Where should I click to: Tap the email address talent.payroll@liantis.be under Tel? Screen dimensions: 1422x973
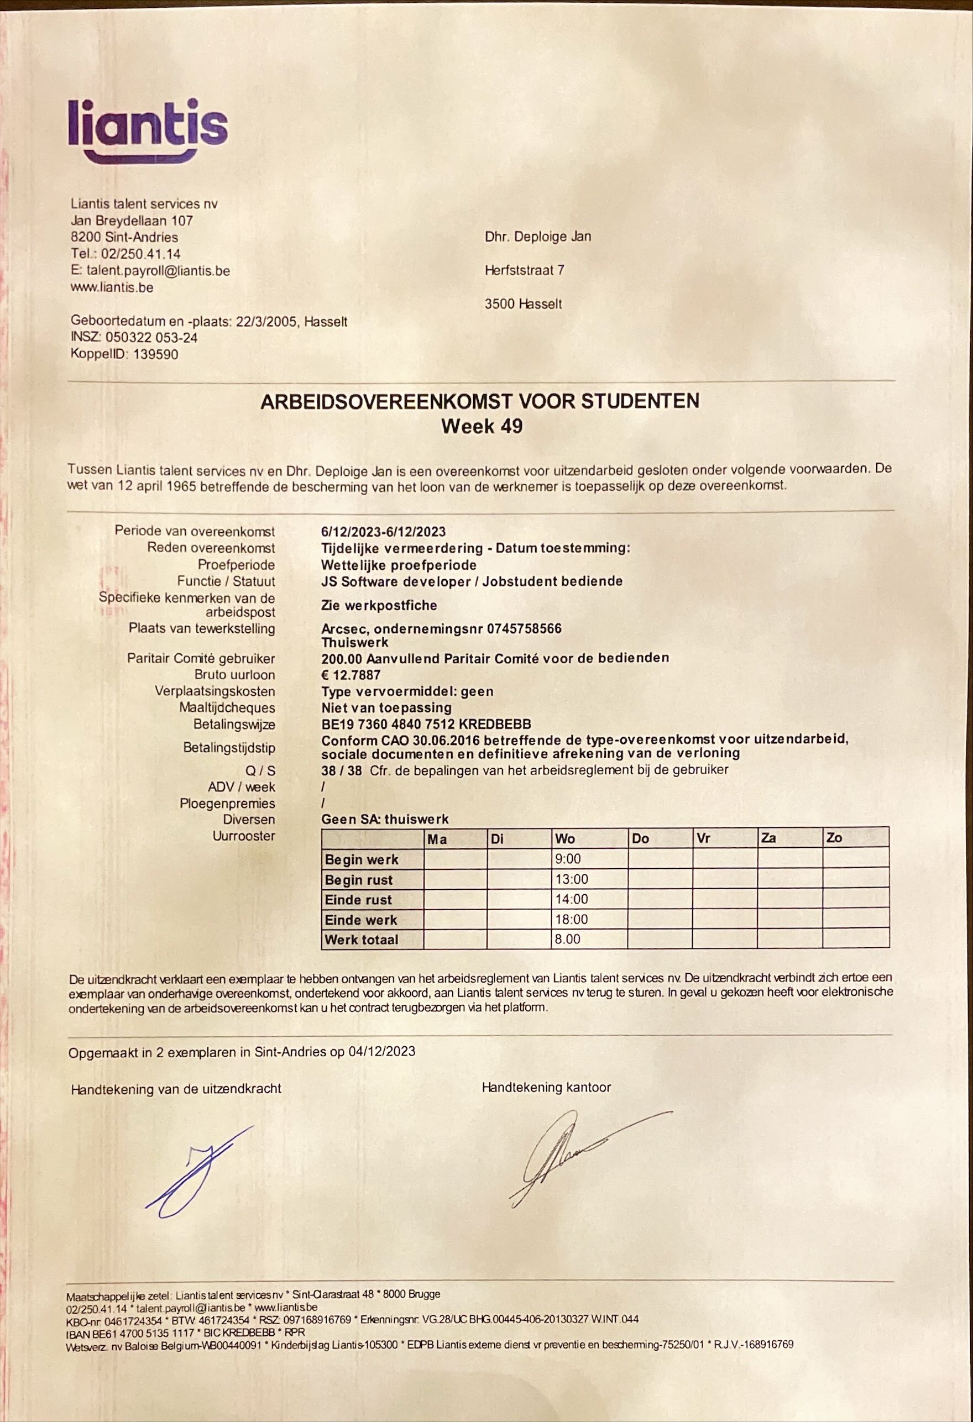158,270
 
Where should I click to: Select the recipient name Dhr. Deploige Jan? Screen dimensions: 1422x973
537,237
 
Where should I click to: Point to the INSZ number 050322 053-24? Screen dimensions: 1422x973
151,337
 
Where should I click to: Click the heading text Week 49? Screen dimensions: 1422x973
482,426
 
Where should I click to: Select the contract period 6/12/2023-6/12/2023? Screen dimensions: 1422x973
383,531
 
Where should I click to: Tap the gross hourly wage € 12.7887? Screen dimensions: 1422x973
351,675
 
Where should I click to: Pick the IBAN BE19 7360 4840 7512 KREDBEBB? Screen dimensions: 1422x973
426,725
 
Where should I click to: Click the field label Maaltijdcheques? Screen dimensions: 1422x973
227,708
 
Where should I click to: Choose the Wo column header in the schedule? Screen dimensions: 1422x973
564,838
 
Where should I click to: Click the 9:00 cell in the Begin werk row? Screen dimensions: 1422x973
568,859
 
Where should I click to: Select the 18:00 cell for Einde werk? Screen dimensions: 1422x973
571,919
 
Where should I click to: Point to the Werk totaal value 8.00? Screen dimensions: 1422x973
567,939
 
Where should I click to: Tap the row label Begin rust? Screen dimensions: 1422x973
359,880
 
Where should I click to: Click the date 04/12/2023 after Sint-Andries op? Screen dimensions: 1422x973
381,1051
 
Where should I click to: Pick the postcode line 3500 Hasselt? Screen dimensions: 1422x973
522,304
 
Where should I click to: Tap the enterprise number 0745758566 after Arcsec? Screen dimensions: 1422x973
522,628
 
